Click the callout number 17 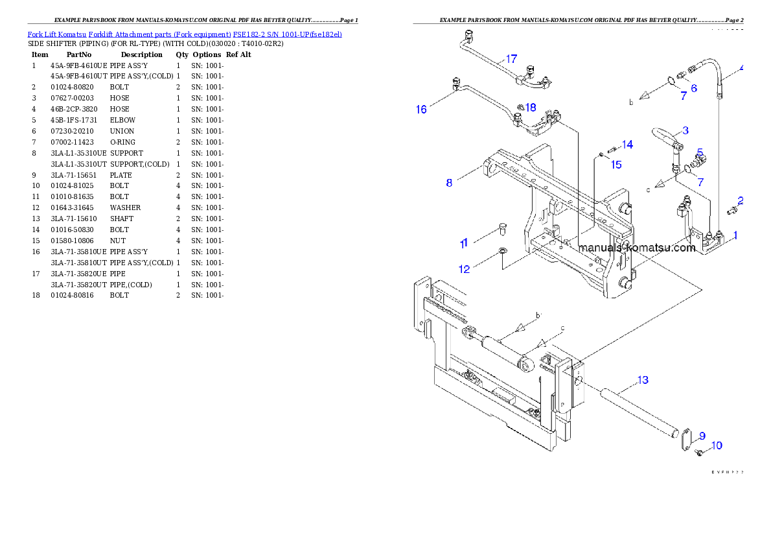(511, 58)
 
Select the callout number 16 (421, 110)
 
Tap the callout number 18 (531, 107)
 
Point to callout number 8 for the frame (449, 183)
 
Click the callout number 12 (465, 269)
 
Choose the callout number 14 (627, 144)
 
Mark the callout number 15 (616, 165)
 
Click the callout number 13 (643, 380)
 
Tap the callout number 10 (717, 445)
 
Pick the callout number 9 (702, 436)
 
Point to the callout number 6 (693, 88)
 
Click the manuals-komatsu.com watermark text (637, 248)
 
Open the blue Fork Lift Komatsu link (185, 34)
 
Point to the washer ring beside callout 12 (503, 250)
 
